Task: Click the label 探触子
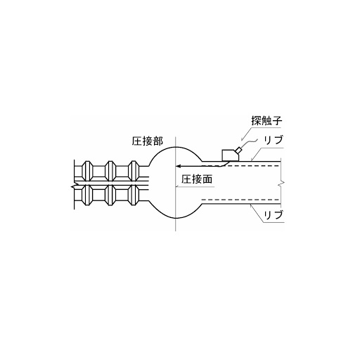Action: coord(266,121)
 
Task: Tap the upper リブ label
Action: coord(274,140)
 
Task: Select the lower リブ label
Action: coord(274,214)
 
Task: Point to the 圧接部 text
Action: coord(147,141)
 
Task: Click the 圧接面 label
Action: coord(197,179)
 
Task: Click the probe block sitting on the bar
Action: coord(230,155)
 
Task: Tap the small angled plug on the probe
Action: coord(239,150)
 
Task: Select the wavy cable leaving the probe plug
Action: coord(249,142)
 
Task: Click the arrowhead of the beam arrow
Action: coord(178,166)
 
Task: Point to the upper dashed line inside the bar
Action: coord(241,166)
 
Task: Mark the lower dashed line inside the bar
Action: coord(241,200)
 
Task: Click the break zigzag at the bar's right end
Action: coord(282,184)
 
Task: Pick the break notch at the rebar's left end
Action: coord(73,187)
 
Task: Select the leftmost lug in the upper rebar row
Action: coord(87,171)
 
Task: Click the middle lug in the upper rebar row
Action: coord(110,171)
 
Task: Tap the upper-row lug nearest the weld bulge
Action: coord(134,171)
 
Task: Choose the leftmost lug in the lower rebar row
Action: coord(87,195)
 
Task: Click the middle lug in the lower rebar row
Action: coord(110,195)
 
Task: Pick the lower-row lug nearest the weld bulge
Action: coord(134,195)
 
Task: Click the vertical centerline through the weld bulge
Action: coord(176,184)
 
